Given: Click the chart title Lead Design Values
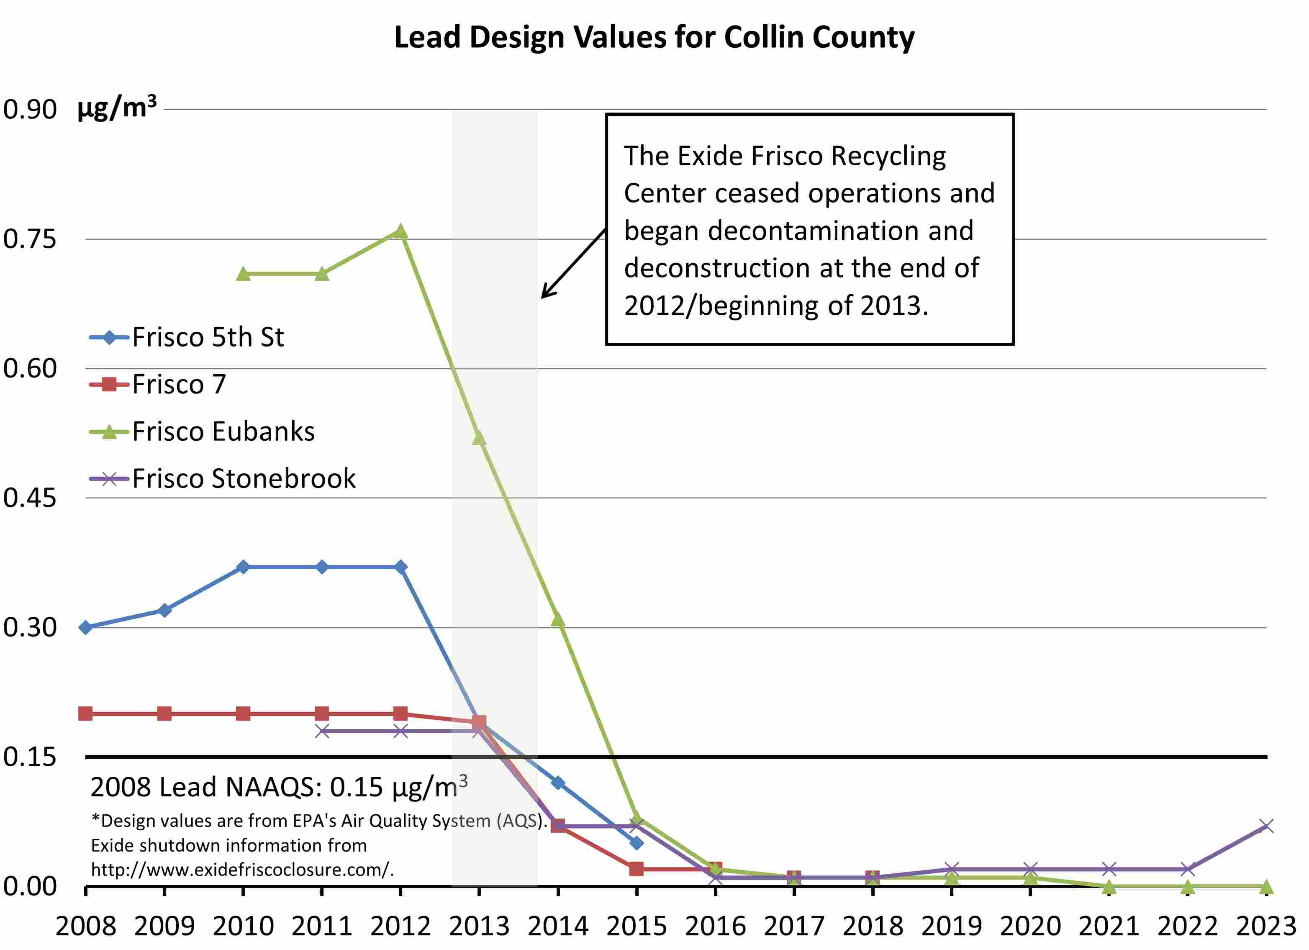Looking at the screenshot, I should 654,38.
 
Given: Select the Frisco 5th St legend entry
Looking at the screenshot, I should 208,337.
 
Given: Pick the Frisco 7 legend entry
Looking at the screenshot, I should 179,384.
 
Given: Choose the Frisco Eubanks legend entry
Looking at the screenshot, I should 223,431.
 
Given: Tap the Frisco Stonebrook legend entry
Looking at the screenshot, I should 244,478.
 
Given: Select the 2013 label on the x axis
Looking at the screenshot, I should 479,926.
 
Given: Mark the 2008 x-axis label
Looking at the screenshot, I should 85,926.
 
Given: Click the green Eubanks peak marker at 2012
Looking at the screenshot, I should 400,232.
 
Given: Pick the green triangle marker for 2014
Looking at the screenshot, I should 557,620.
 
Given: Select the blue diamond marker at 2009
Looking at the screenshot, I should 164,610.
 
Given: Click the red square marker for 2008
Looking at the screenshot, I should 85,714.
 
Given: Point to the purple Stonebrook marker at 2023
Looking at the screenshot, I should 1266,826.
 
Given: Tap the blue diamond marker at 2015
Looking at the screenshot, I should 637,843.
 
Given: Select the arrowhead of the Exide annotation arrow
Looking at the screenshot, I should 544,296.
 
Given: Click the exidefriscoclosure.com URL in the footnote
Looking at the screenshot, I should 242,869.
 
